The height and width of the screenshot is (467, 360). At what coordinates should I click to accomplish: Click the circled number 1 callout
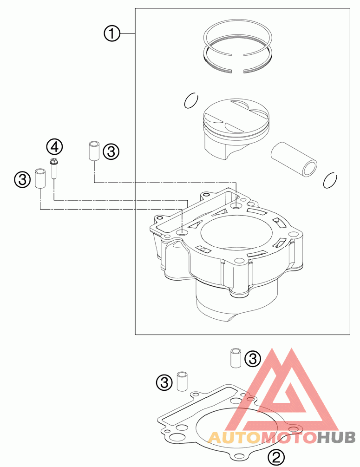(111, 34)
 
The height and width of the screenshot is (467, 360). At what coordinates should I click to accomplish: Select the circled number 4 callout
(54, 147)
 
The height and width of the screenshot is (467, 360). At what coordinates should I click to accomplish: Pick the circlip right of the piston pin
(330, 180)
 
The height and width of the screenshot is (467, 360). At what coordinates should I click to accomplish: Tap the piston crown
(236, 113)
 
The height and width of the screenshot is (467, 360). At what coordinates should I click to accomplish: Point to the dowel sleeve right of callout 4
(94, 150)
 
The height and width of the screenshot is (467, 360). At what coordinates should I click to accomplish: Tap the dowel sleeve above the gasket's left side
(182, 381)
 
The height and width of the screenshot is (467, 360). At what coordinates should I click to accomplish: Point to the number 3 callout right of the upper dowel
(111, 151)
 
